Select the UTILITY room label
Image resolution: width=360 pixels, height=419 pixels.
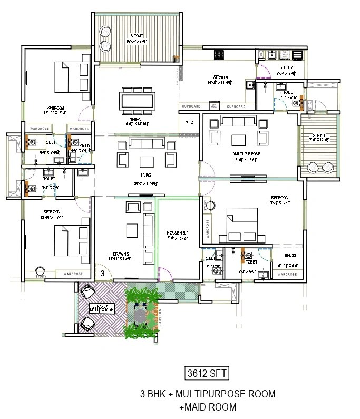[x=286, y=67]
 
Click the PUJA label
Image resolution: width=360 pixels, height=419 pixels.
[x=189, y=123]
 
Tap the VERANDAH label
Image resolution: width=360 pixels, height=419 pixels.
[x=100, y=306]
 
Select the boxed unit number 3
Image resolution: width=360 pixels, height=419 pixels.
[x=103, y=273]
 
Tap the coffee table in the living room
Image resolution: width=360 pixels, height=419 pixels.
[x=146, y=160]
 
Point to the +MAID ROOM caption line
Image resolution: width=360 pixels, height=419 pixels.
[x=208, y=407]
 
